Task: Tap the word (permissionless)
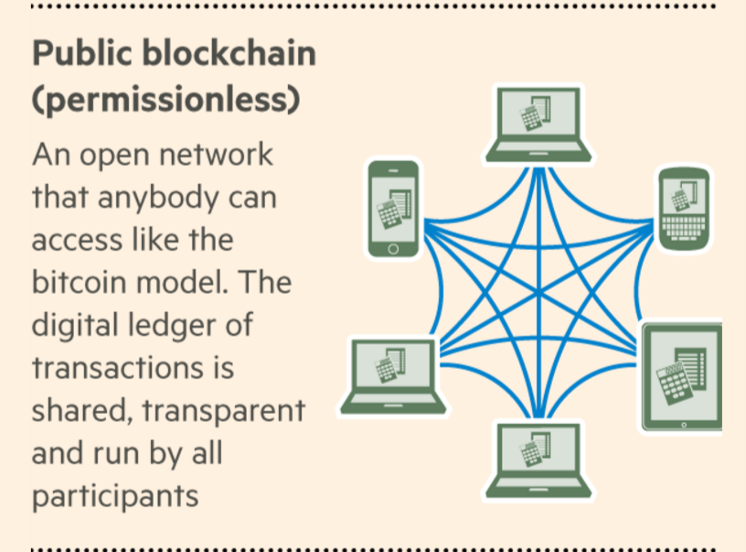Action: pyautogui.click(x=165, y=100)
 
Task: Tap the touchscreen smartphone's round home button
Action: pyautogui.click(x=394, y=248)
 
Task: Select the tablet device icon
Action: pyautogui.click(x=682, y=375)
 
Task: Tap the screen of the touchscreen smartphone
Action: pyautogui.click(x=394, y=207)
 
